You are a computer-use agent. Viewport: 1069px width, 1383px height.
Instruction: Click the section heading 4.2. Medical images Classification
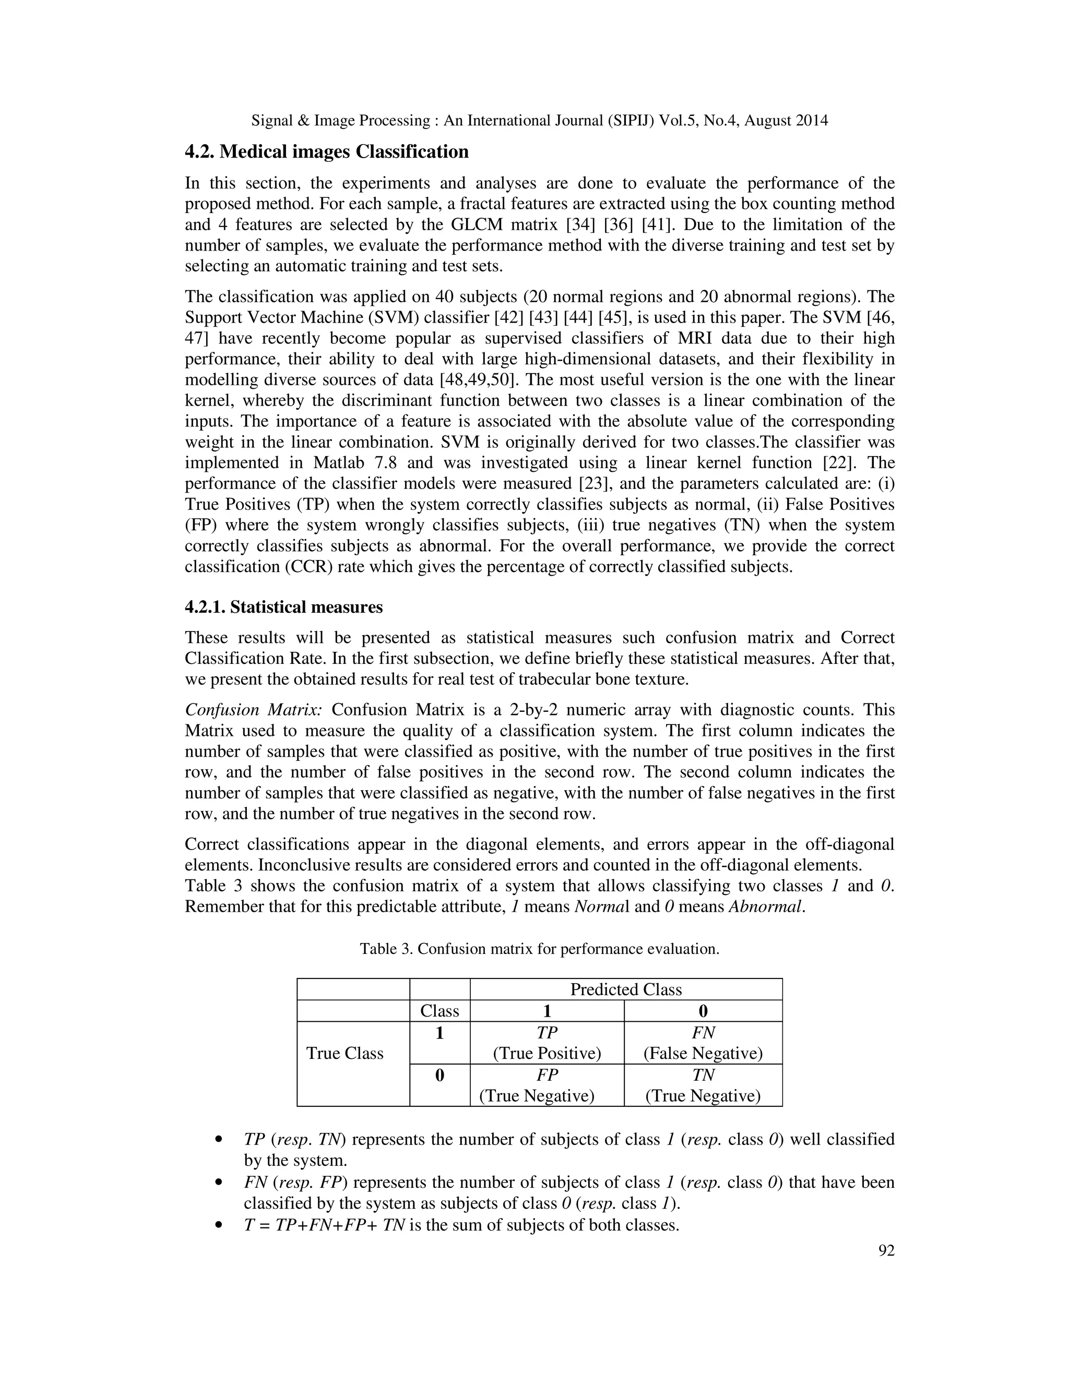point(327,152)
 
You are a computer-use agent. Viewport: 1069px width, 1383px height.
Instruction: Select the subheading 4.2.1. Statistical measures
point(284,607)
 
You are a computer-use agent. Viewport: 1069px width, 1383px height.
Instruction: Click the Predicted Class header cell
point(626,989)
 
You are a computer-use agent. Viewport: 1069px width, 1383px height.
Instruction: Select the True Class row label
point(345,1053)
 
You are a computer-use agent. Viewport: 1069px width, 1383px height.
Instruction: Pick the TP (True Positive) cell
point(547,1043)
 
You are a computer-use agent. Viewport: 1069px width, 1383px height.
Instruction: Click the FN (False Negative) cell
point(703,1043)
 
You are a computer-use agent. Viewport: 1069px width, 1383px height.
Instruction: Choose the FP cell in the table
point(547,1086)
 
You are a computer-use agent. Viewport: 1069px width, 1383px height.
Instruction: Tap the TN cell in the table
point(703,1086)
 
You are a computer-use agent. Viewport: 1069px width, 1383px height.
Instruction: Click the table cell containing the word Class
point(440,1011)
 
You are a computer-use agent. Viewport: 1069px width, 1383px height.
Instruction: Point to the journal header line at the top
point(540,121)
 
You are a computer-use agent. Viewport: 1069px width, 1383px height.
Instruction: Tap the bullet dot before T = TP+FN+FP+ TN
point(219,1225)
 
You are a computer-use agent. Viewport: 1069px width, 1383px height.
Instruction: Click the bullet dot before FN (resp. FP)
point(219,1183)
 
